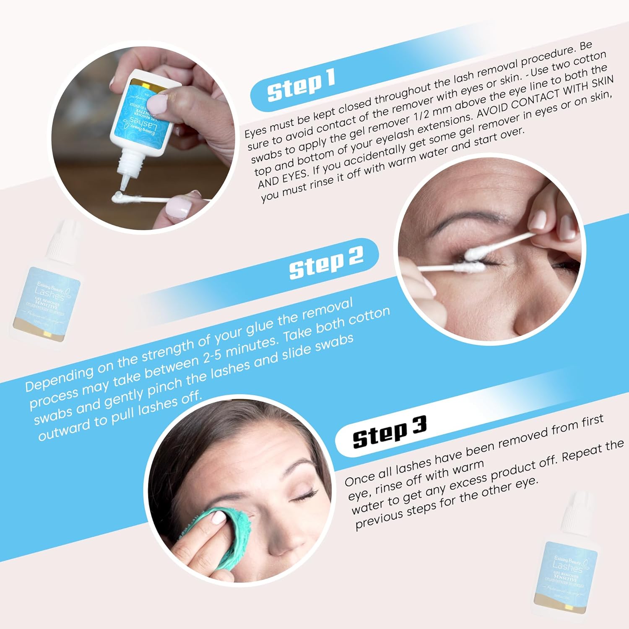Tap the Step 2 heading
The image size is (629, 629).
(326, 263)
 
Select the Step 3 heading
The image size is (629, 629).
(389, 432)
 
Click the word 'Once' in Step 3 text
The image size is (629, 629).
(359, 478)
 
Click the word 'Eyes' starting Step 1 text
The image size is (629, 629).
(257, 131)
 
